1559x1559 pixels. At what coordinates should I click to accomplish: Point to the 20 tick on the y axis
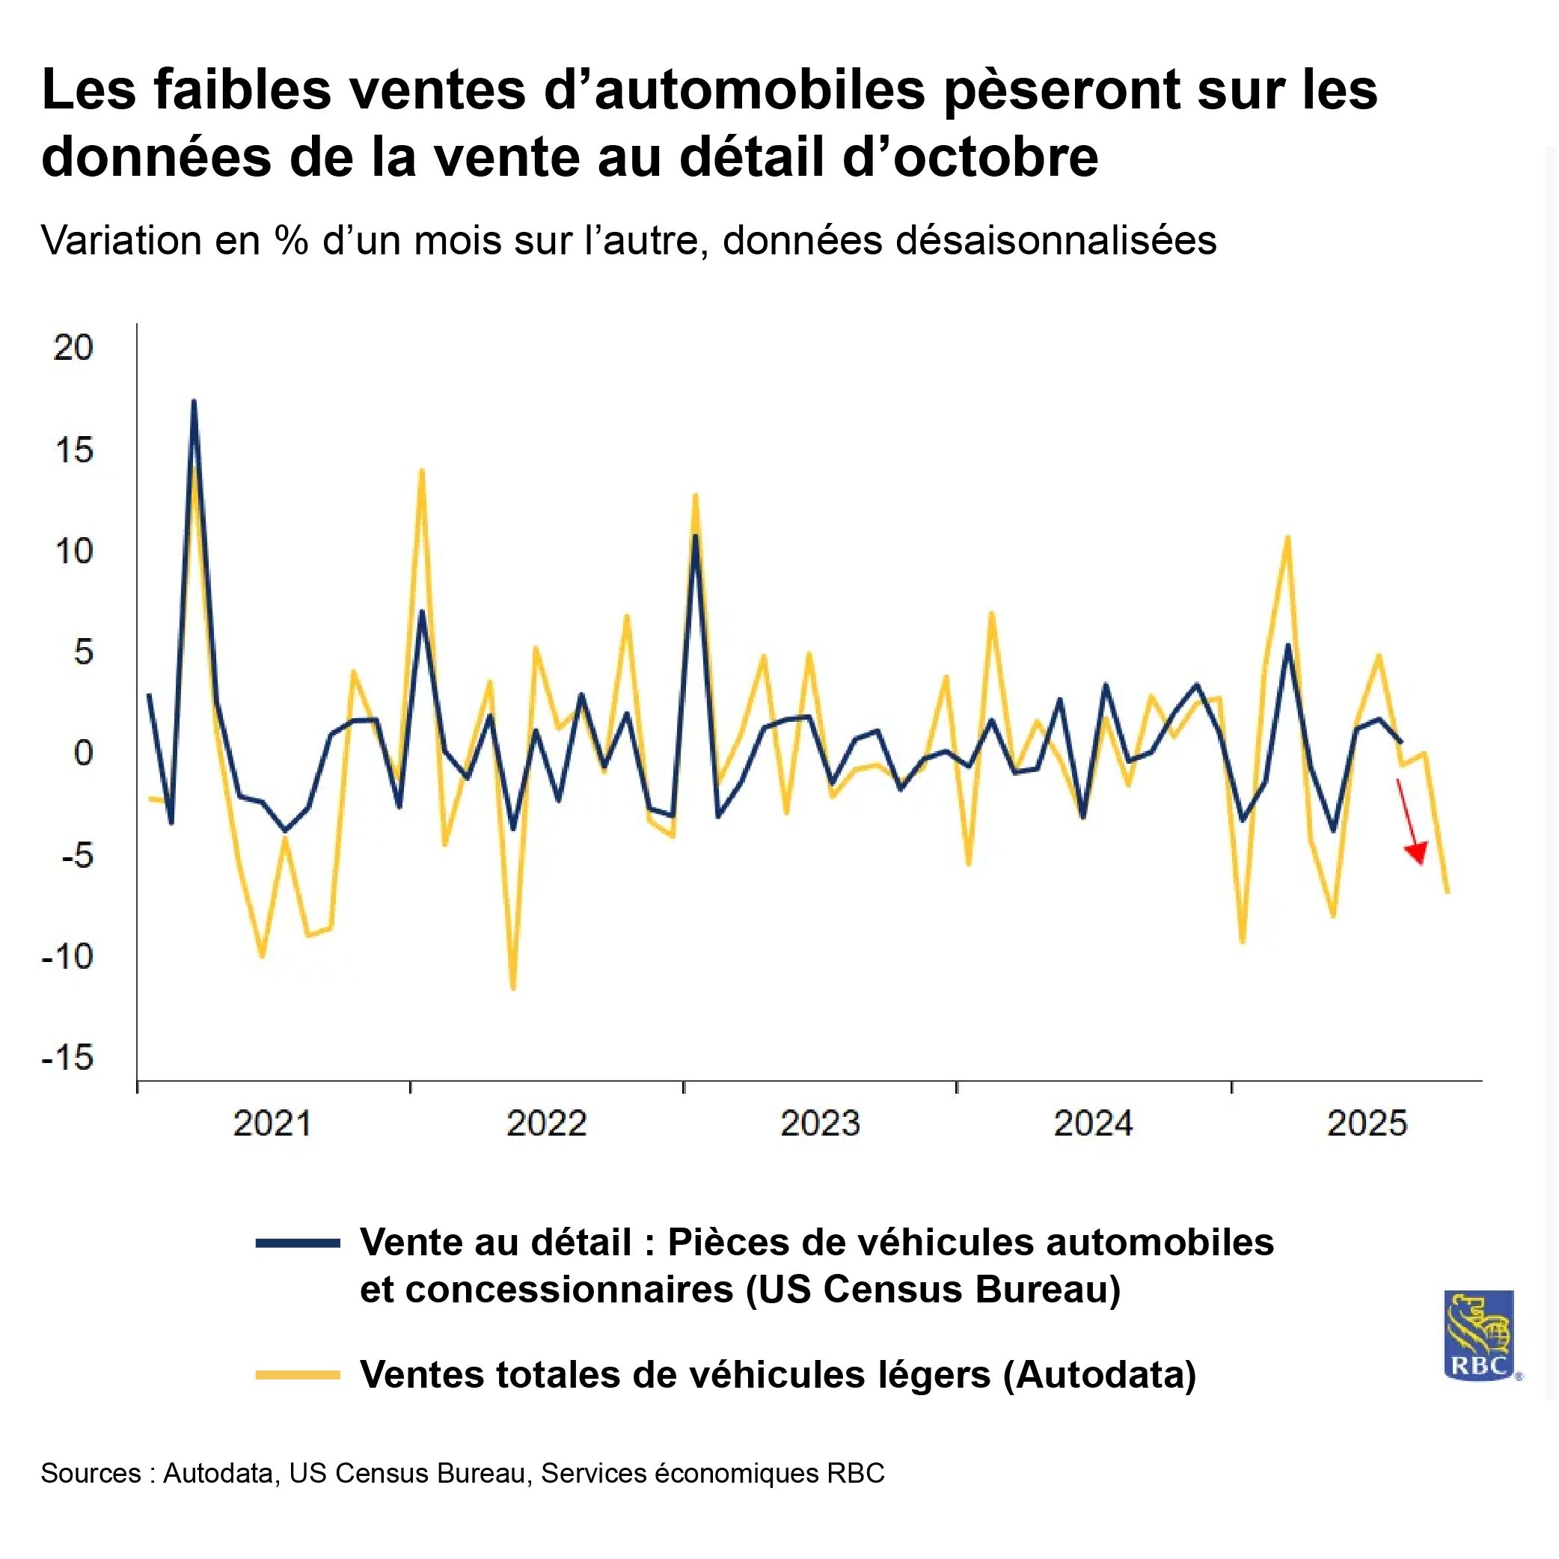[73, 348]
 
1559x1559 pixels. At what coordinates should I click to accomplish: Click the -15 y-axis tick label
[68, 1057]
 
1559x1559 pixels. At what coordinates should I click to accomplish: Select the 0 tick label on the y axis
[83, 753]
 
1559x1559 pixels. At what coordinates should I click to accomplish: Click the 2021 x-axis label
[272, 1124]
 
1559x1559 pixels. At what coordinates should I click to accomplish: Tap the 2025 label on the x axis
[1367, 1124]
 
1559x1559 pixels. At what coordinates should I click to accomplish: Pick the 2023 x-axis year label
[820, 1124]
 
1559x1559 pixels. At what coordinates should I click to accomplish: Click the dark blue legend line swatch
[298, 1243]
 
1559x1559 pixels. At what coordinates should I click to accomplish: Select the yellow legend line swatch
[298, 1374]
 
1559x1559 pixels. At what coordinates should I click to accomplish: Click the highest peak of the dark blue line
[194, 401]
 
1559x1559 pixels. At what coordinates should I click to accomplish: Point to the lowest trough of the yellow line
[513, 988]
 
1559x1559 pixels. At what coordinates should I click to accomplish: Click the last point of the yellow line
[1448, 892]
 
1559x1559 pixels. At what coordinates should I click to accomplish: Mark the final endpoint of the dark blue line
[1402, 741]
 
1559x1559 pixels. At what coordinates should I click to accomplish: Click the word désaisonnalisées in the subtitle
[1056, 240]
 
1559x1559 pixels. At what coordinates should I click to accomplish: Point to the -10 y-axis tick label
[68, 957]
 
